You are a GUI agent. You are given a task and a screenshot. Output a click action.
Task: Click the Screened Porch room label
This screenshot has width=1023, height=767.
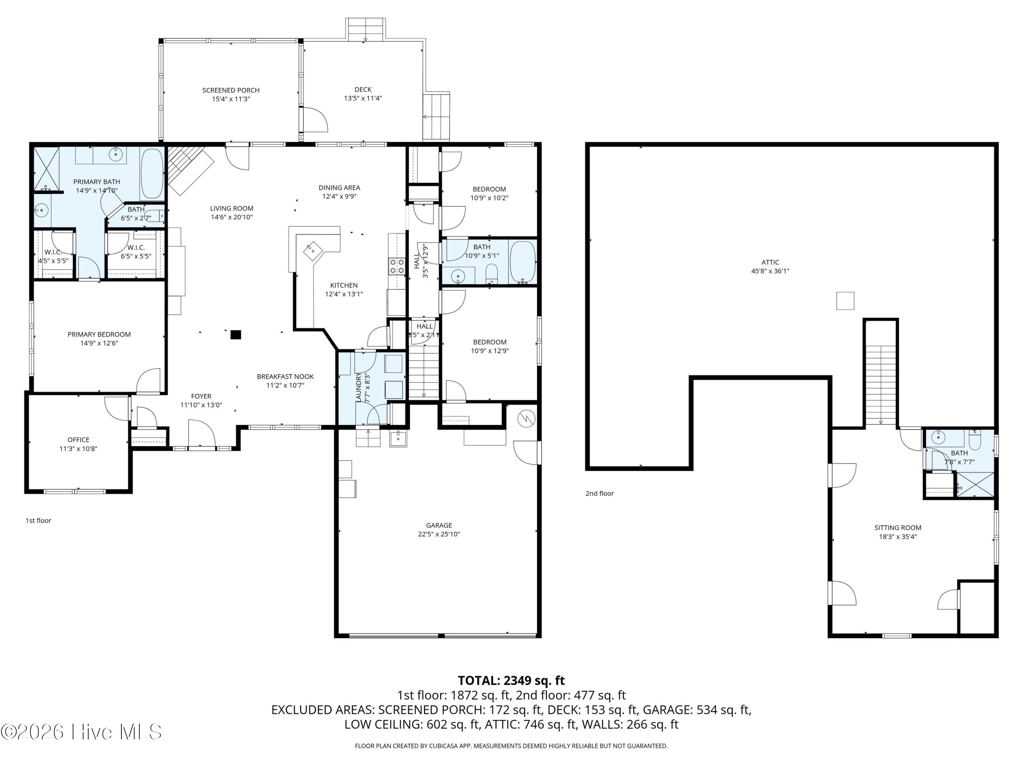231,90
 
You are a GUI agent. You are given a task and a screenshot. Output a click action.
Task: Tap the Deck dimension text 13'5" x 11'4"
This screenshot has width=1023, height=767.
363,99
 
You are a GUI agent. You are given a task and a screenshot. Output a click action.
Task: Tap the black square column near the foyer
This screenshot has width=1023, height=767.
236,334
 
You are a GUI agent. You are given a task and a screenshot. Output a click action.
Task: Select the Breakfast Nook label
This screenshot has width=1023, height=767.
285,377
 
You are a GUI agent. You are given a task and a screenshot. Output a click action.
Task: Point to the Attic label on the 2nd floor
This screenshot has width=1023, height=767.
770,262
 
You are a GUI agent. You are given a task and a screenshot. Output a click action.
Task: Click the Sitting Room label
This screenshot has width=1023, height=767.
898,527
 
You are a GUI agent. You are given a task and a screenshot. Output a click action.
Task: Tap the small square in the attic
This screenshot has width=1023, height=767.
845,301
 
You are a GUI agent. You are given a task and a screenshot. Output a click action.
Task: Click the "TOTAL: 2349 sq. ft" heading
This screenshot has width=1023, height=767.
511,680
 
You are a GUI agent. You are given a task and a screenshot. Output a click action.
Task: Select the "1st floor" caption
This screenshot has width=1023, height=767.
39,521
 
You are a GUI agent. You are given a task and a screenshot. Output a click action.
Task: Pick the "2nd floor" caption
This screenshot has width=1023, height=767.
600,493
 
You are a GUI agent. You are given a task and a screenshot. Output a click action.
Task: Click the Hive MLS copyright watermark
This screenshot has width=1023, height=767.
81,732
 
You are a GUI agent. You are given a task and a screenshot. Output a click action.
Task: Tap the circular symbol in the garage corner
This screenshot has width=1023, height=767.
526,419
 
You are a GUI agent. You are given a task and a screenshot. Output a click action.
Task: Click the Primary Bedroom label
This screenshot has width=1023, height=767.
99,334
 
